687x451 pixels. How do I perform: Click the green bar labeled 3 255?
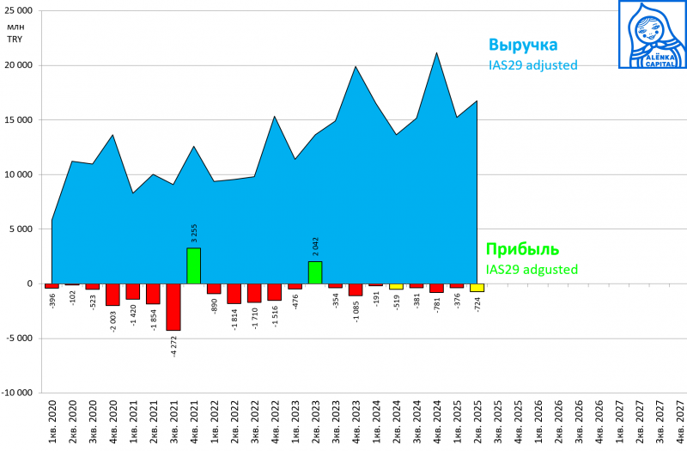click(194, 265)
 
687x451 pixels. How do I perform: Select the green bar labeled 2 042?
click(315, 272)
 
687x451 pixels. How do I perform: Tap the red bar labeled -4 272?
click(173, 307)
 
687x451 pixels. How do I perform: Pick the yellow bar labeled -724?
click(477, 288)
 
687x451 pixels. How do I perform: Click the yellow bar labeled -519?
click(396, 286)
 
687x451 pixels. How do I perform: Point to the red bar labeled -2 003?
click(112, 295)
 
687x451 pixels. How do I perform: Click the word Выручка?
click(523, 45)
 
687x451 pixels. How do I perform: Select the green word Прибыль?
click(523, 250)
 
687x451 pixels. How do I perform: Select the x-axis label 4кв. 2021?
click(194, 422)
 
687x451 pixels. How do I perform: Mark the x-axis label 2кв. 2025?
click(477, 422)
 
